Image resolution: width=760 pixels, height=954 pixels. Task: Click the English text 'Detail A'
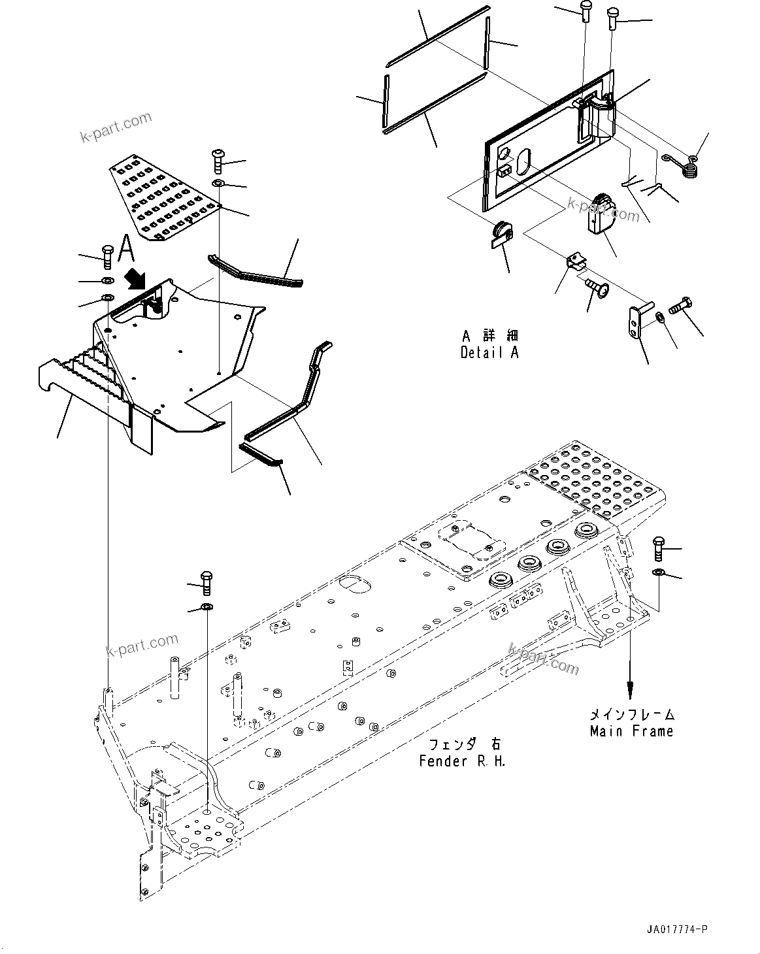click(x=489, y=353)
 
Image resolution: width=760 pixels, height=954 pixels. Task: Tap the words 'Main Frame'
click(x=631, y=731)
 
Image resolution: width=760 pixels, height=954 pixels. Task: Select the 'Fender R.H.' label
click(x=463, y=761)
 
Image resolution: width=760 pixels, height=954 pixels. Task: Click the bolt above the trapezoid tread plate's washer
click(x=218, y=160)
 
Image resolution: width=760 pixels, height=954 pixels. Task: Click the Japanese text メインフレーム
click(x=632, y=715)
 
